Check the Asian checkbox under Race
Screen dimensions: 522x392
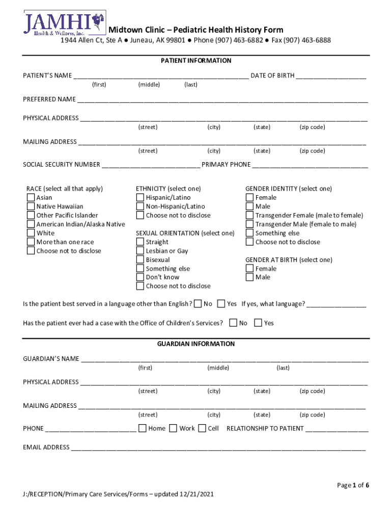coord(31,198)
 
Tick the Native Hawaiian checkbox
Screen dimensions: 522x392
coord(31,206)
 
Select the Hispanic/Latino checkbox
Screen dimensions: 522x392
coord(140,198)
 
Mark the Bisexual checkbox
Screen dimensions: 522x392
coord(140,260)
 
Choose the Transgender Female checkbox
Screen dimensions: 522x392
coord(249,216)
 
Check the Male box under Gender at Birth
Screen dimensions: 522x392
coord(249,277)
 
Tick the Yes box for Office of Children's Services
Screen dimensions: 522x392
coord(258,323)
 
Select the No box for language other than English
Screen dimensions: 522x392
coord(198,304)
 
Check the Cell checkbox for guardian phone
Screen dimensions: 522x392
coord(202,428)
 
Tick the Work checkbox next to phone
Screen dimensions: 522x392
coord(173,428)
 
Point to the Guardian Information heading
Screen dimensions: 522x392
coord(196,344)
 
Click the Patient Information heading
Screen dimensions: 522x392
coord(196,61)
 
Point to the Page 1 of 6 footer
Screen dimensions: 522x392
coord(353,485)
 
